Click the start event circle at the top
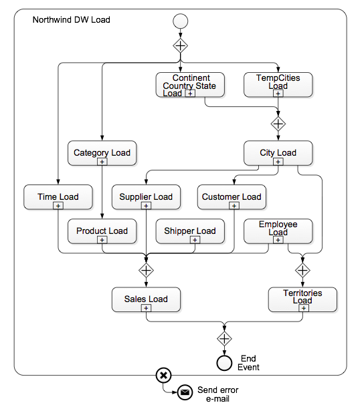point(180,21)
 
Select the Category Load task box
point(102,153)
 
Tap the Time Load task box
point(58,197)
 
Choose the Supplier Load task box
point(146,197)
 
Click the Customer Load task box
point(232,197)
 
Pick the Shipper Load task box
point(190,231)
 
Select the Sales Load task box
point(146,299)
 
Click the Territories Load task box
point(302,299)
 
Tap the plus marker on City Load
point(278,162)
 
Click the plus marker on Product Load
point(102,240)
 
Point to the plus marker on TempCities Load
point(278,94)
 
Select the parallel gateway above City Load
point(278,124)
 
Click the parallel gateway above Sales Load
point(146,270)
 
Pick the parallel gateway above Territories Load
point(302,270)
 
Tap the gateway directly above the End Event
point(224,339)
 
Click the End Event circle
point(224,363)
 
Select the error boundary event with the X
point(163,376)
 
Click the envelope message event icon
point(185,392)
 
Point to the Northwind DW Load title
point(72,20)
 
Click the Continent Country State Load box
point(190,85)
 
